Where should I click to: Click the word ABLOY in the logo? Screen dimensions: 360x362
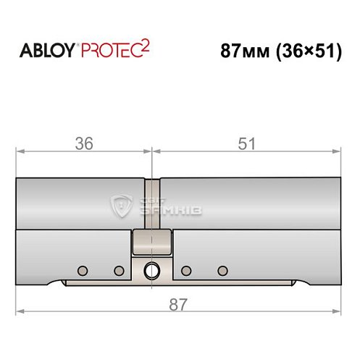coord(47,51)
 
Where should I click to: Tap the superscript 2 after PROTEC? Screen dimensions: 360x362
coord(145,46)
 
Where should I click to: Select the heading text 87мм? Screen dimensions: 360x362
coord(245,51)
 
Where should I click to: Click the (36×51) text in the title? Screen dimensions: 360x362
coord(309,51)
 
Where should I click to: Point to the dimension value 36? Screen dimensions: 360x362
coord(84,143)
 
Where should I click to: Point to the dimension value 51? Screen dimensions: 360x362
coord(246,143)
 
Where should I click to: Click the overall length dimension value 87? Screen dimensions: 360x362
coord(178,305)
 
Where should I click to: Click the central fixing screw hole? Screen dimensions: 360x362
coord(151,271)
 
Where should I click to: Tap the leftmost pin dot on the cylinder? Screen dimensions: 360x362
coord(83,271)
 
